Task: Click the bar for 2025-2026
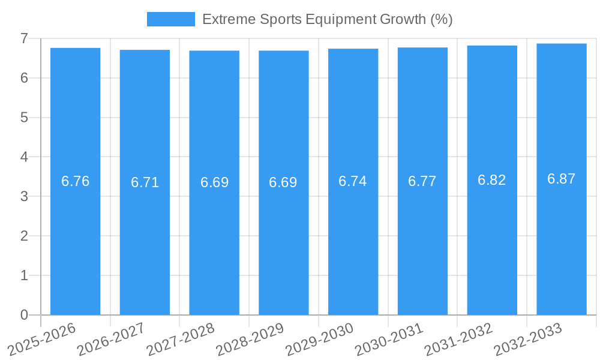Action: coord(75,240)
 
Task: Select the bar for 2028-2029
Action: coord(284,240)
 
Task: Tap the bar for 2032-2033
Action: coord(562,240)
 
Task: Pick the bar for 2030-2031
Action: coord(422,240)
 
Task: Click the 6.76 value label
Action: coord(76,181)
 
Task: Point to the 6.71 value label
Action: coord(145,182)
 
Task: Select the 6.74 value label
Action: coord(353,182)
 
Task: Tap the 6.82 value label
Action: coord(492,180)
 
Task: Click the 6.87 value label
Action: coord(562,179)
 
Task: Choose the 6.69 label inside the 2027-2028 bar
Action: coord(215,182)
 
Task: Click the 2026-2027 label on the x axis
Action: coord(111,338)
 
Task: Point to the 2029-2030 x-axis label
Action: coord(319,338)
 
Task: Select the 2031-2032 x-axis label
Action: coord(458,338)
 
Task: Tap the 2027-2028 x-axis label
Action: coord(180,338)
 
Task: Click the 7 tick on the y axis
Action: coord(24,38)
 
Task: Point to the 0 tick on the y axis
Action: coord(24,315)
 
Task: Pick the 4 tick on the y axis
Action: coord(24,157)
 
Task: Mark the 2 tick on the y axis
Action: coord(24,236)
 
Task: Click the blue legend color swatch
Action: coord(171,19)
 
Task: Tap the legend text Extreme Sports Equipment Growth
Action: coord(327,19)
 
